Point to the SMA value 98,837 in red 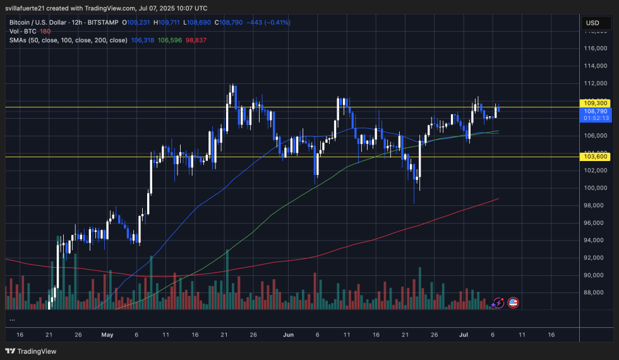click(196, 40)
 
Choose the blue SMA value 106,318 click(143, 40)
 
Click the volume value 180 click(45, 31)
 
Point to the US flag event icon click(513, 303)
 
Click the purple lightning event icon click(498, 303)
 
